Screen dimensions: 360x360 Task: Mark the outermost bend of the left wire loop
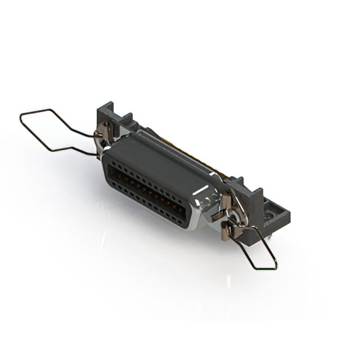click(21, 117)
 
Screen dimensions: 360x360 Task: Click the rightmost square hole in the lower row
click(179, 219)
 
